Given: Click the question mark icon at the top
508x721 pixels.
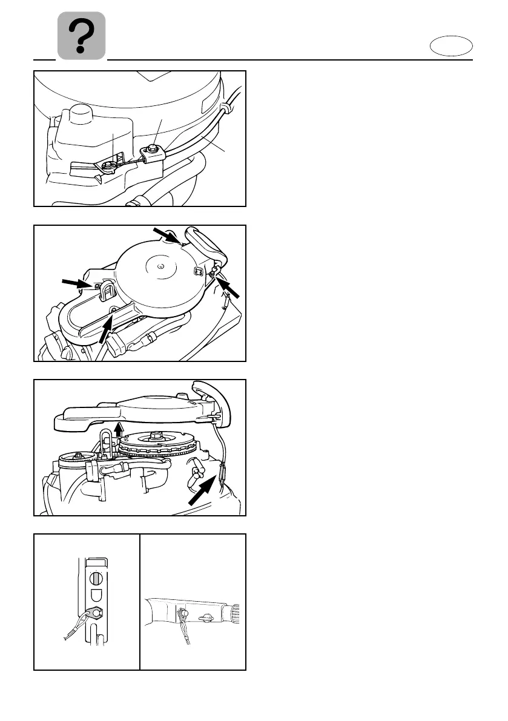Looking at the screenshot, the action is pos(81,36).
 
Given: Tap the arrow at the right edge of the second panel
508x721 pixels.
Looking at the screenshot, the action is pos(231,290).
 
